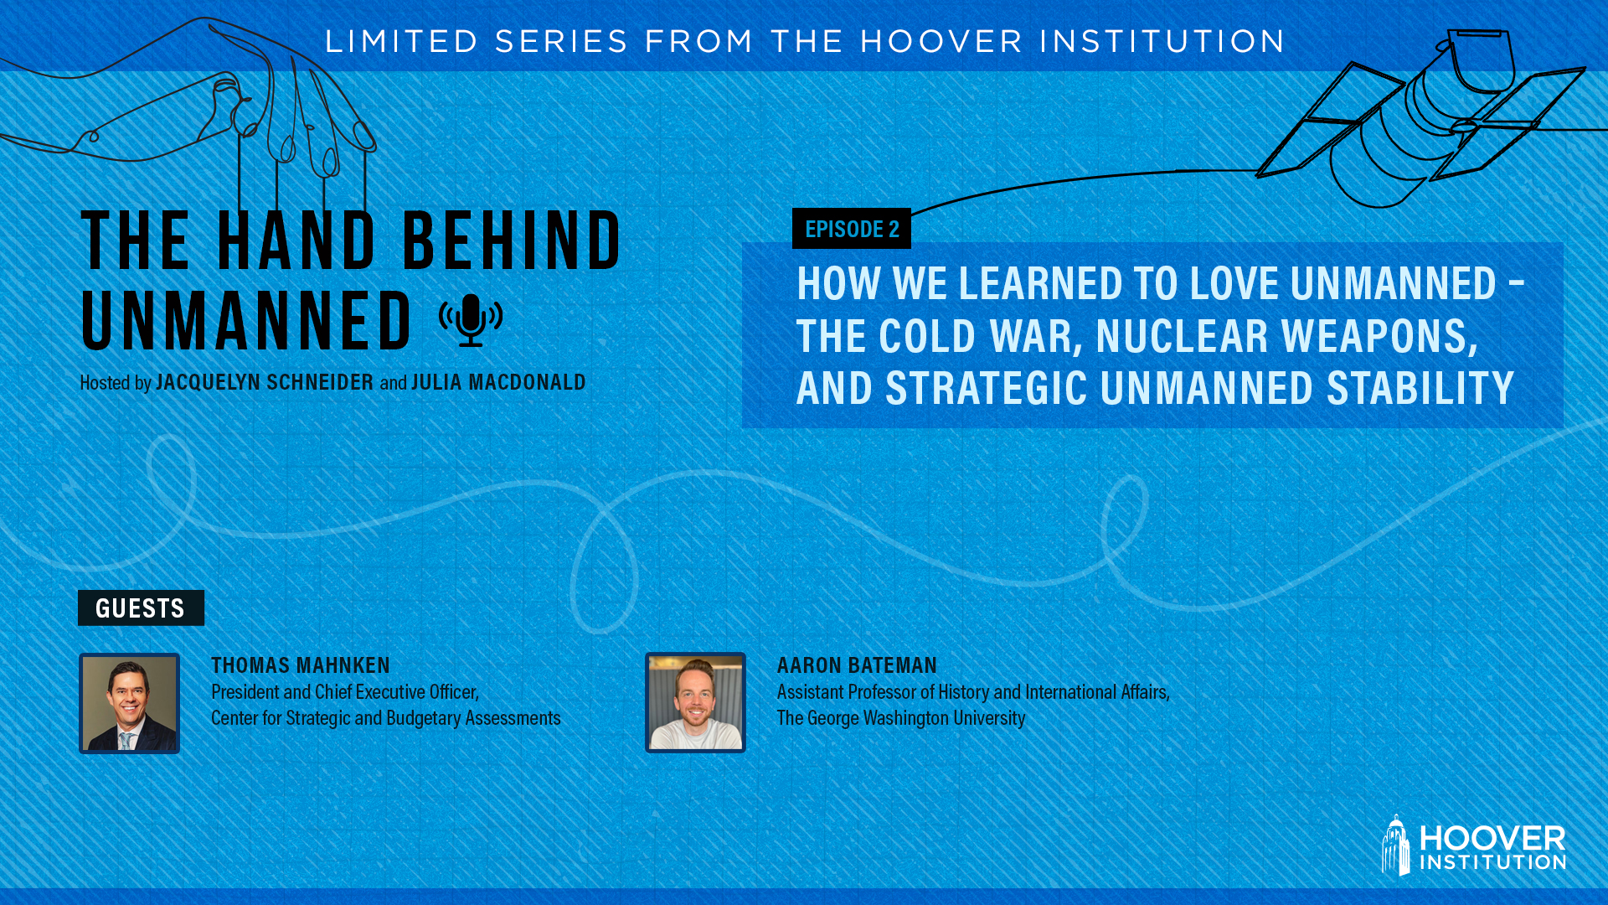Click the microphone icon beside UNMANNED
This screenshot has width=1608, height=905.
[x=471, y=319]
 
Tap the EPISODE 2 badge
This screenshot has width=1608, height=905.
[x=852, y=229]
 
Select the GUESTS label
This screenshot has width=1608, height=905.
[x=141, y=608]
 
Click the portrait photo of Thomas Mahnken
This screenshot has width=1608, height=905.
[x=130, y=703]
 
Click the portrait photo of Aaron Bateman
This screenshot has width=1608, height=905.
[x=695, y=702]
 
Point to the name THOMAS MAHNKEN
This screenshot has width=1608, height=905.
[x=301, y=665]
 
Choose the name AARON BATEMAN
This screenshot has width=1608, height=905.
[x=857, y=665]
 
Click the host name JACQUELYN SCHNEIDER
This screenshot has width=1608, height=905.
[x=265, y=382]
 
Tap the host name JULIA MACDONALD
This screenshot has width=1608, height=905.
[x=498, y=382]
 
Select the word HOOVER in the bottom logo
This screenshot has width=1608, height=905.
[x=1492, y=838]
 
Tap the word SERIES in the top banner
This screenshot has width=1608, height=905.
[x=561, y=41]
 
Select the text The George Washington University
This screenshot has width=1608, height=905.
[x=901, y=718]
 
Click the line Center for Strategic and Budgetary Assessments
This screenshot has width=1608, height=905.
[x=386, y=718]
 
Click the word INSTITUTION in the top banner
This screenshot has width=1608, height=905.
[x=1162, y=41]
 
